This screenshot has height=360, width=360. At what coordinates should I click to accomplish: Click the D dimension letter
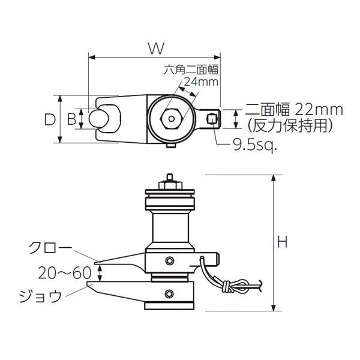[50, 119]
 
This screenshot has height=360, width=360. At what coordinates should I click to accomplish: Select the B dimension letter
[71, 119]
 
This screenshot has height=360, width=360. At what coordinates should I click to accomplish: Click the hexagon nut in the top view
[172, 118]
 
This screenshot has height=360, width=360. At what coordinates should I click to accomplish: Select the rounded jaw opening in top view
[103, 118]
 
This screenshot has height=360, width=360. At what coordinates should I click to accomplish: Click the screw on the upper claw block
[170, 260]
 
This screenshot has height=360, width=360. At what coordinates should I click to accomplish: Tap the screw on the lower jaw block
[170, 293]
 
